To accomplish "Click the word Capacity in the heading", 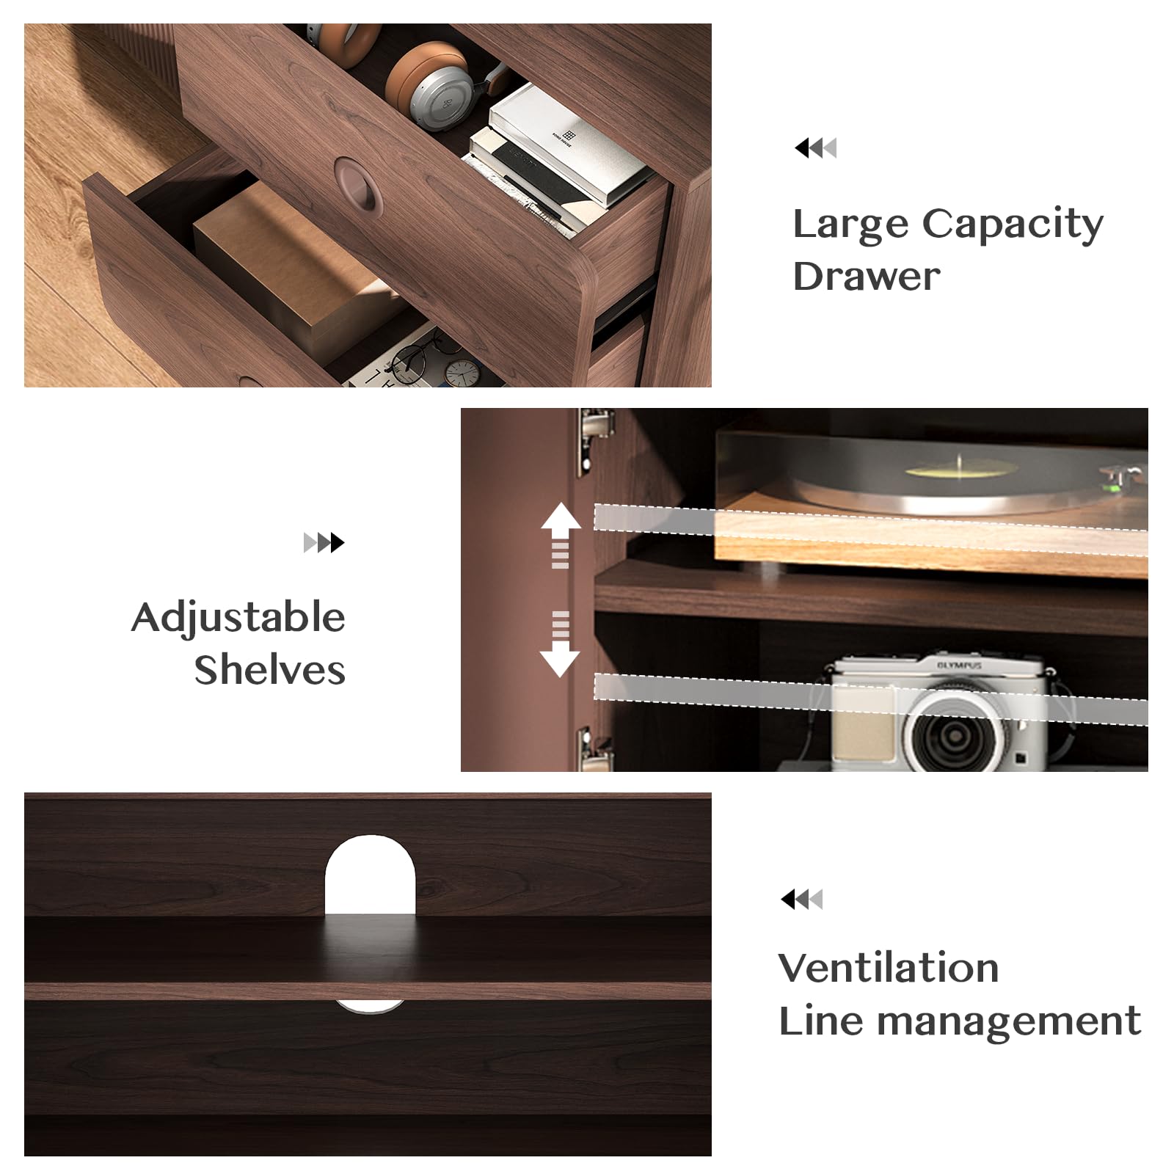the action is click(x=1013, y=225).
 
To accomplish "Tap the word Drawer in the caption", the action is click(x=867, y=277).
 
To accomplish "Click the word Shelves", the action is click(x=269, y=669).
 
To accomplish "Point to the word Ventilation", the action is click(x=889, y=967).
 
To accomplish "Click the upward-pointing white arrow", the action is click(x=561, y=535).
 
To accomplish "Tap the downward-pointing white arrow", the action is click(x=560, y=643).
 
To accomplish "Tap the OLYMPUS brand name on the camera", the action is click(x=959, y=666).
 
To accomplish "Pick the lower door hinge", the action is click(x=594, y=748).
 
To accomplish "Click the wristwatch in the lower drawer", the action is click(x=462, y=373).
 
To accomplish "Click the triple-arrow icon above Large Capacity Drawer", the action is click(x=815, y=147).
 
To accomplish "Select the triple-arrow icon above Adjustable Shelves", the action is click(x=324, y=543).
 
